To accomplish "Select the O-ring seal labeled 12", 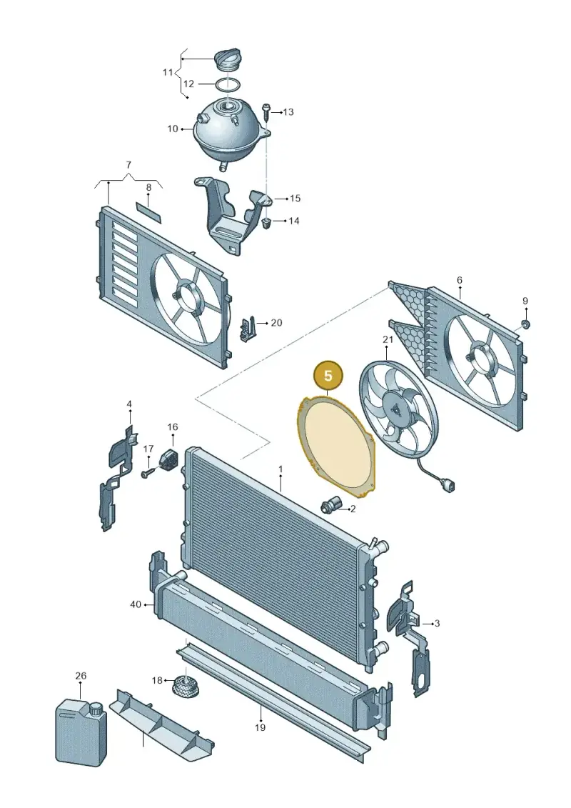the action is click(227, 84).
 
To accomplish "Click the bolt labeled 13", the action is click(266, 112).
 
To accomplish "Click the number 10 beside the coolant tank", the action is click(173, 129).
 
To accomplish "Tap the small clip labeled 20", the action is click(247, 328).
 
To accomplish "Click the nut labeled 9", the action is click(525, 324).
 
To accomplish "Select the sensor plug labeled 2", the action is click(328, 504).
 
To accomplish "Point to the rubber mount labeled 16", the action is click(171, 458).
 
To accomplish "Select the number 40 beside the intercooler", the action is click(136, 604).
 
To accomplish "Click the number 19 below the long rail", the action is click(260, 727).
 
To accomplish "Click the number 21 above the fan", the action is click(388, 339).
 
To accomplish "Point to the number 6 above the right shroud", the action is click(459, 280).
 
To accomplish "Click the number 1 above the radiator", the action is click(281, 469).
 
